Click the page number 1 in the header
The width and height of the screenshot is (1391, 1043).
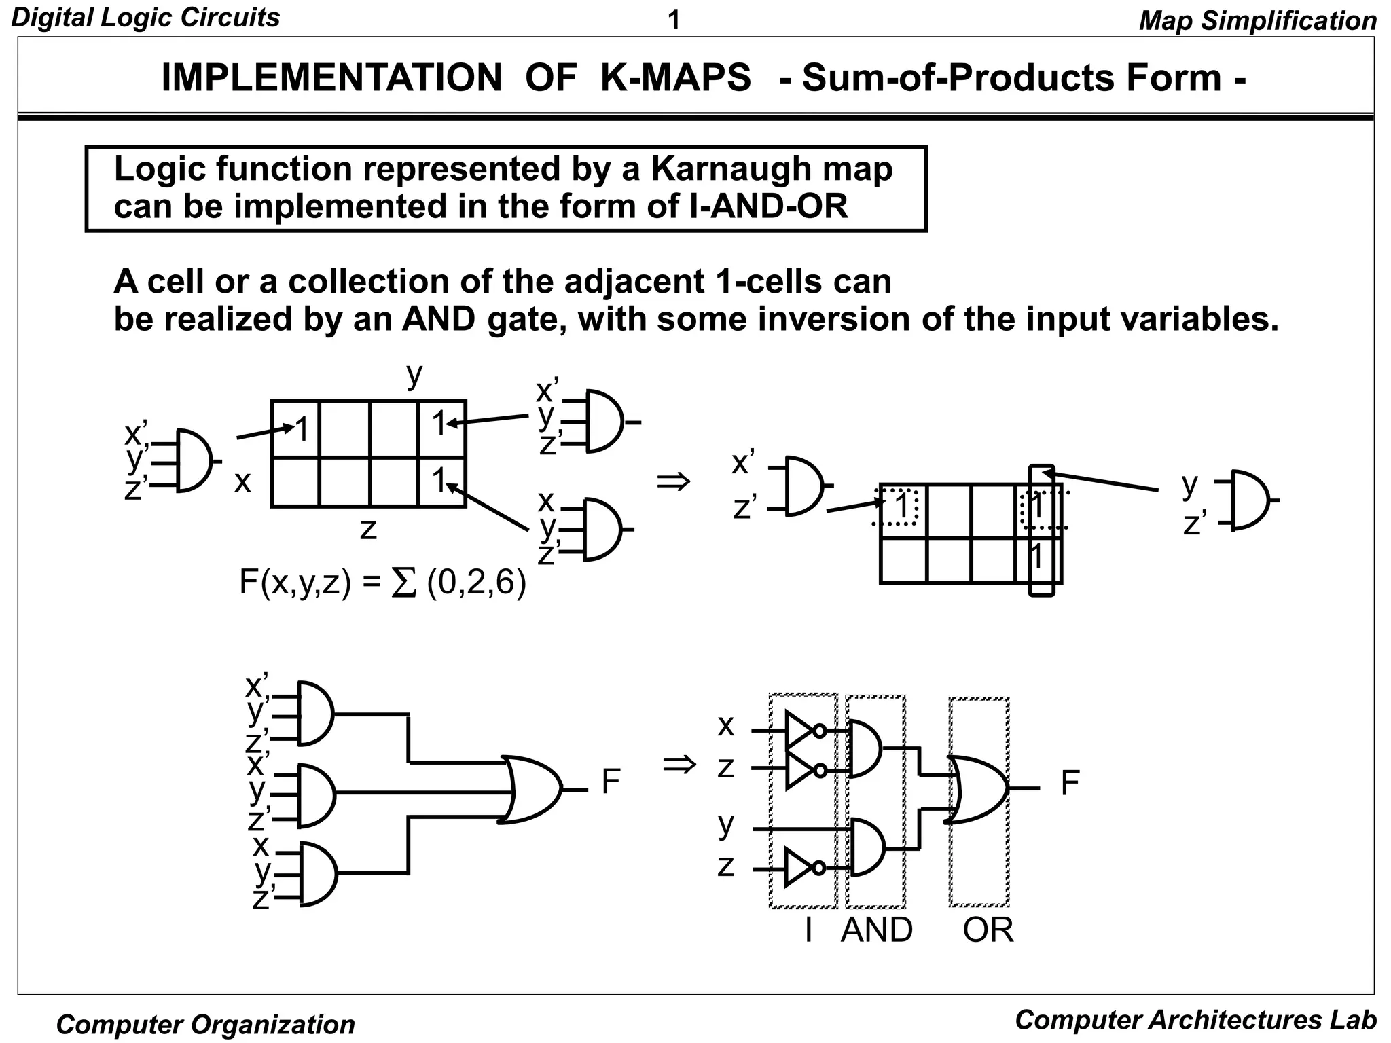673,20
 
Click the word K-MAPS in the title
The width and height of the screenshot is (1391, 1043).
676,77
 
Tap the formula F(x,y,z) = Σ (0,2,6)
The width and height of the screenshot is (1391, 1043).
382,583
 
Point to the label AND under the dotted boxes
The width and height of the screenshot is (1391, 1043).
876,930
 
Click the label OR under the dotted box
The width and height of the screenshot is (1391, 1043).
988,930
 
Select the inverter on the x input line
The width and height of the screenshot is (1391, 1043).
801,731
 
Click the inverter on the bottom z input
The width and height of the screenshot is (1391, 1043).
801,868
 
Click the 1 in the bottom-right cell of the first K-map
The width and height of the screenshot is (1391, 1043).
440,481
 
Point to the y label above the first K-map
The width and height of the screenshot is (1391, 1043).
414,374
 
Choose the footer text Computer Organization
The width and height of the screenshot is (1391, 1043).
205,1024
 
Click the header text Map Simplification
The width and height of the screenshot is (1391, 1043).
1257,20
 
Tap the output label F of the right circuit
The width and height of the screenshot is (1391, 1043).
1069,784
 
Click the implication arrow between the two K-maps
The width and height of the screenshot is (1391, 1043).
674,482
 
